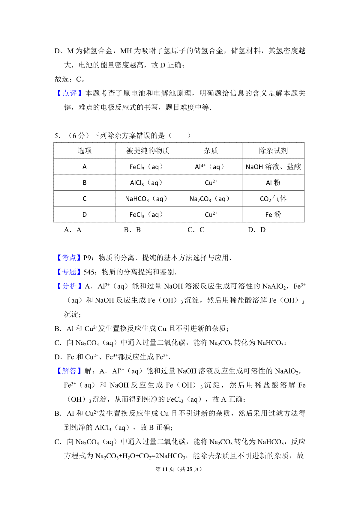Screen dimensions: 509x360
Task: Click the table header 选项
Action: click(85, 150)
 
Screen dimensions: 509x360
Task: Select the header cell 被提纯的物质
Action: click(148, 150)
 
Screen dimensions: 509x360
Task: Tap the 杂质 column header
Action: click(211, 150)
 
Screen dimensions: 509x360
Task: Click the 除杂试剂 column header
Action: click(273, 150)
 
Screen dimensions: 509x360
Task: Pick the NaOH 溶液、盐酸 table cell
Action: click(273, 167)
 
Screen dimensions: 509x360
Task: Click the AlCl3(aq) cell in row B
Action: click(146, 183)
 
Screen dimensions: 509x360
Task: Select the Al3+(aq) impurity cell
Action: click(209, 167)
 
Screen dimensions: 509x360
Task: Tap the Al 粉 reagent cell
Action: click(273, 183)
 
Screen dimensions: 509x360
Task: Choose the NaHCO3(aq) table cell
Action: click(146, 199)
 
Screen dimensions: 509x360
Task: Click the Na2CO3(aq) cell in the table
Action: click(209, 199)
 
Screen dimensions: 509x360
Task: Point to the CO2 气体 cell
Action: click(273, 199)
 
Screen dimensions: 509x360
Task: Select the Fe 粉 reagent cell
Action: click(273, 215)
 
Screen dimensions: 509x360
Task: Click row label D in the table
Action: click(85, 215)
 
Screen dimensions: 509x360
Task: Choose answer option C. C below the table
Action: click(196, 230)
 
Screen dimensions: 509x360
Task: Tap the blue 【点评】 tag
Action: click(69, 93)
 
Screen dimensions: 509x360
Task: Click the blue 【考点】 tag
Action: click(69, 258)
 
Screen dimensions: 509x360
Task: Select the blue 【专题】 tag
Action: click(69, 272)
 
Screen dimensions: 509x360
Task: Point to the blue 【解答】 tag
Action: click(69, 371)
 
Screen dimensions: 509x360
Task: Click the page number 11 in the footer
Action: click(165, 469)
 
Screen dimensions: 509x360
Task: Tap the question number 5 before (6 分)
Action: click(57, 136)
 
